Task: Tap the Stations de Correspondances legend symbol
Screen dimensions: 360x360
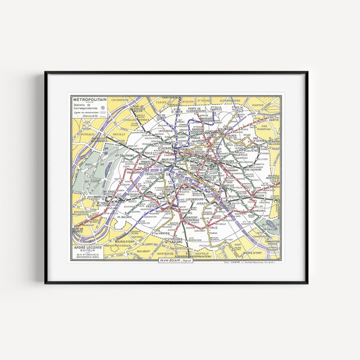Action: coord(102,108)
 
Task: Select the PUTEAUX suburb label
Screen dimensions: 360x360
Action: coord(86,134)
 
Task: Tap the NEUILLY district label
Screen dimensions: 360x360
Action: coord(118,135)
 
